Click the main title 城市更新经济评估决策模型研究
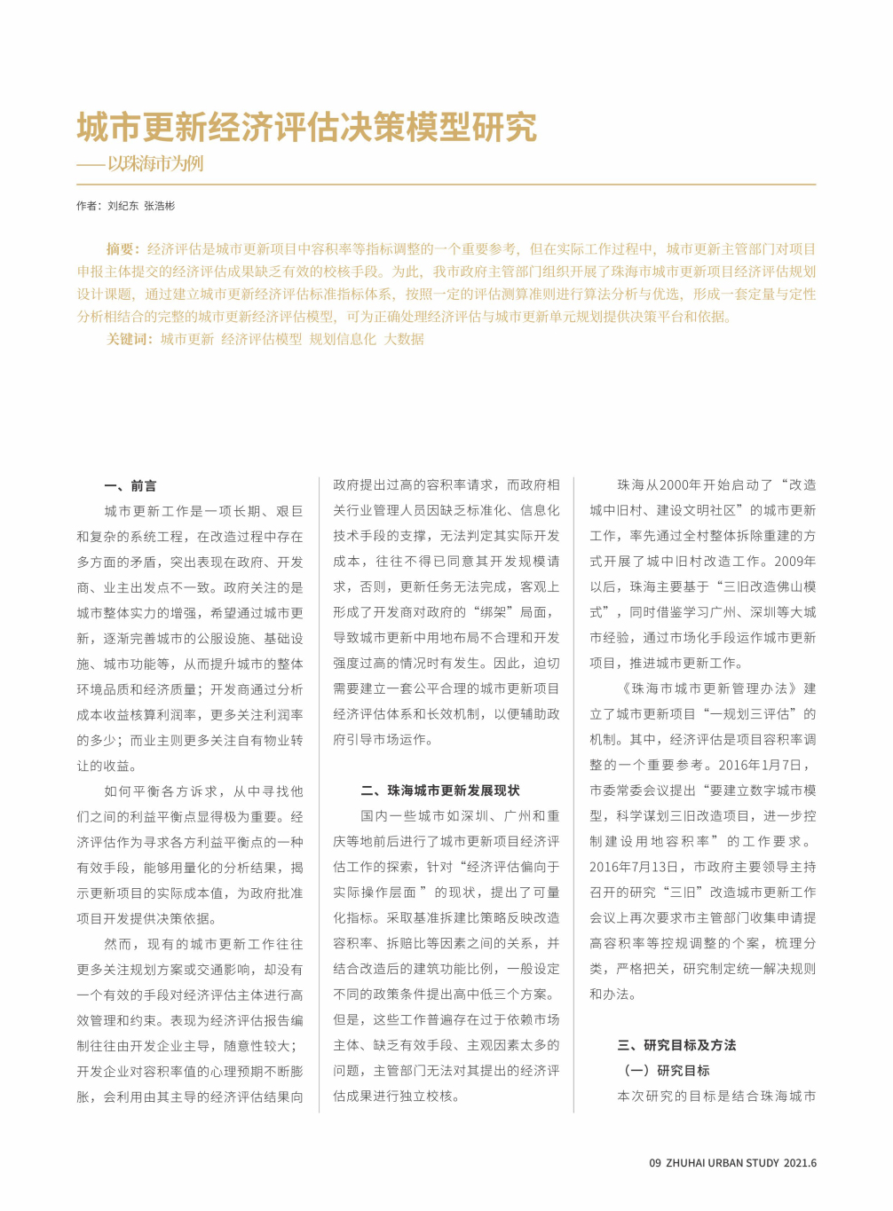point(306,128)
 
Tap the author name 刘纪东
point(123,206)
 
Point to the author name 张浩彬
point(160,206)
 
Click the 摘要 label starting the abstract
point(122,249)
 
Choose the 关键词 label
point(129,339)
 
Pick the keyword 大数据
point(404,339)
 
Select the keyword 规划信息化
point(343,339)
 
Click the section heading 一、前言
point(130,486)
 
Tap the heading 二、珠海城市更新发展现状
point(440,790)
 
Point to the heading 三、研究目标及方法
point(676,1045)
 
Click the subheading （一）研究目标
point(667,1071)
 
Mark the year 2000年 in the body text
point(681,485)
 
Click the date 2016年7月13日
point(637,867)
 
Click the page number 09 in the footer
point(655,1163)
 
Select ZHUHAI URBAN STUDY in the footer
point(723,1163)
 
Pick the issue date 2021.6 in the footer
point(800,1163)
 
